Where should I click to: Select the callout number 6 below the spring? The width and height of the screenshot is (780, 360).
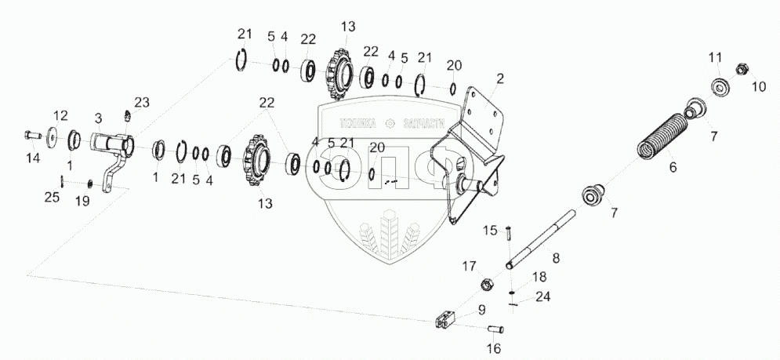tap(672, 168)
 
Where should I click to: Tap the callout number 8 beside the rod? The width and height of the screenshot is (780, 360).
tap(555, 256)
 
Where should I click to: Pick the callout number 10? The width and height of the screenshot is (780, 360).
tap(758, 87)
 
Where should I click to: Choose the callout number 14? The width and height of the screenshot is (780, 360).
tap(32, 158)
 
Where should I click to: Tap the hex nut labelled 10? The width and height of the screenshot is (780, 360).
tap(741, 70)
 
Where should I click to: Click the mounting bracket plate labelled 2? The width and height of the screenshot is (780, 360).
tap(470, 157)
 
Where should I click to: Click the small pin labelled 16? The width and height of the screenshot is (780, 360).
tap(495, 328)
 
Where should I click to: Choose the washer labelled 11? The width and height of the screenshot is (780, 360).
tap(717, 85)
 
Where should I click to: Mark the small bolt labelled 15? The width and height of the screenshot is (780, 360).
tap(509, 233)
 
